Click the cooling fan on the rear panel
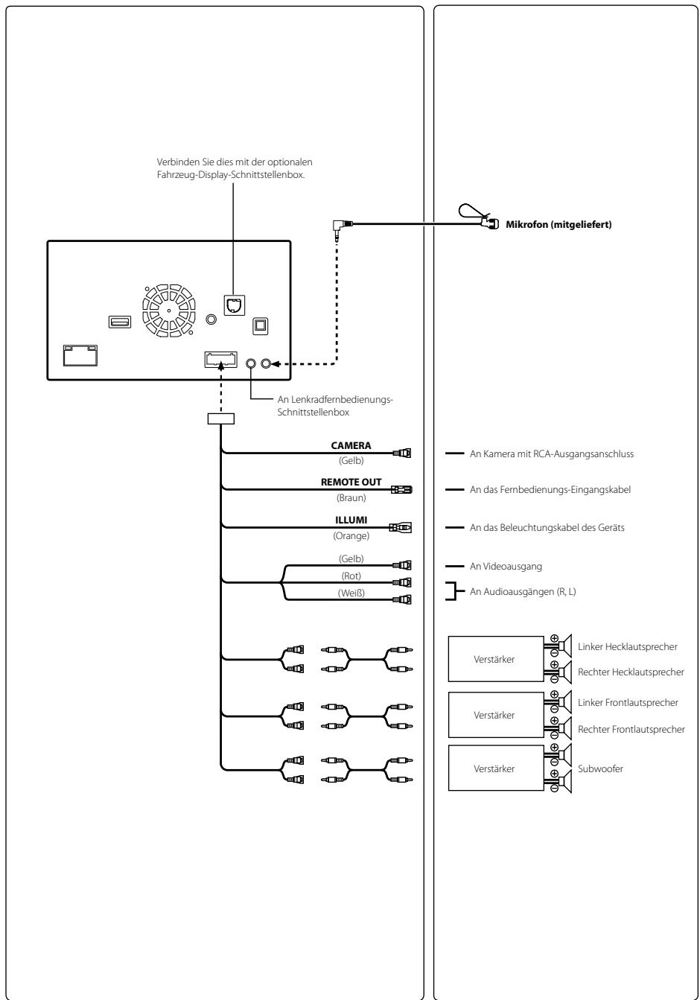click(169, 310)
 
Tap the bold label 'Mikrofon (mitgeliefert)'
click(559, 225)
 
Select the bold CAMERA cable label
click(351, 445)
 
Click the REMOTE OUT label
click(351, 483)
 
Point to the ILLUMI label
click(351, 520)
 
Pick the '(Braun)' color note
click(351, 498)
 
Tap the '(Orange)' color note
click(351, 535)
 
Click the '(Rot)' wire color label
click(351, 576)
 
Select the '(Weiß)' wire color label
click(351, 593)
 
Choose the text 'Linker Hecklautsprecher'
click(627, 646)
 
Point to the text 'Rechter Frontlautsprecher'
click(631, 729)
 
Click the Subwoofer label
click(600, 768)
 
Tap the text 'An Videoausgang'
click(506, 566)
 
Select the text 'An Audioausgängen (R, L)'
click(523, 591)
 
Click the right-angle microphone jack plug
click(341, 227)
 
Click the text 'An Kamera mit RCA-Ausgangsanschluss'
click(551, 453)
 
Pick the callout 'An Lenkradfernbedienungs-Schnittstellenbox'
click(335, 406)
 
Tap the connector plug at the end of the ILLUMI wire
click(401, 528)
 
